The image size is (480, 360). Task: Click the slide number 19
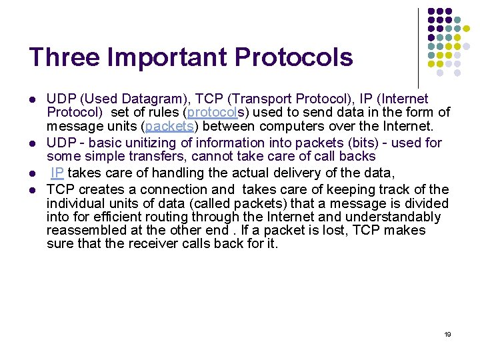pos(447,334)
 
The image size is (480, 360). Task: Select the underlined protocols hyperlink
pos(209,113)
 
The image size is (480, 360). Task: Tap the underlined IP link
pos(58,173)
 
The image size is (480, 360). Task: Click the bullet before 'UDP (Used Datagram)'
pos(31,100)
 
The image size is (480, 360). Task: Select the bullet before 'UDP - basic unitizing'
pos(31,143)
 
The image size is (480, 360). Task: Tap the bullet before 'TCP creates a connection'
pos(31,191)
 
